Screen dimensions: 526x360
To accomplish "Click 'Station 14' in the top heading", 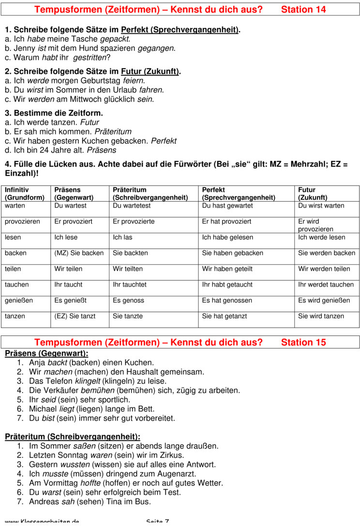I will pos(303,9).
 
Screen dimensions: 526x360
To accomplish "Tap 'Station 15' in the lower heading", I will pos(303,342).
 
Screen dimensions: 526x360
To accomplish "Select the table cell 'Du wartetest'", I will pos(132,206).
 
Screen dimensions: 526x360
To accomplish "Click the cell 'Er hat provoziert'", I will pos(226,221).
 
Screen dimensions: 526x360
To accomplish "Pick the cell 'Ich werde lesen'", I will pos(322,237).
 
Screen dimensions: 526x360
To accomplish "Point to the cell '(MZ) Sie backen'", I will pos(79,253).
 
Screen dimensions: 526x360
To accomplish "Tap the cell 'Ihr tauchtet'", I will pos(130,285).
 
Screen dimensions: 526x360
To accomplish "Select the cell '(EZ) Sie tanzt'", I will pos(75,316).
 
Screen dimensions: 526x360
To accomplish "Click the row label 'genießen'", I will pos(19,300).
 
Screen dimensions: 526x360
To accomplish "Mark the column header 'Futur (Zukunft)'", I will pos(313,194).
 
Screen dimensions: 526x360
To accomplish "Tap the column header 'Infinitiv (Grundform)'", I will pos(25,194).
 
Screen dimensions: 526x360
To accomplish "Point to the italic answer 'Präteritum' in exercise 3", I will pos(113,131).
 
